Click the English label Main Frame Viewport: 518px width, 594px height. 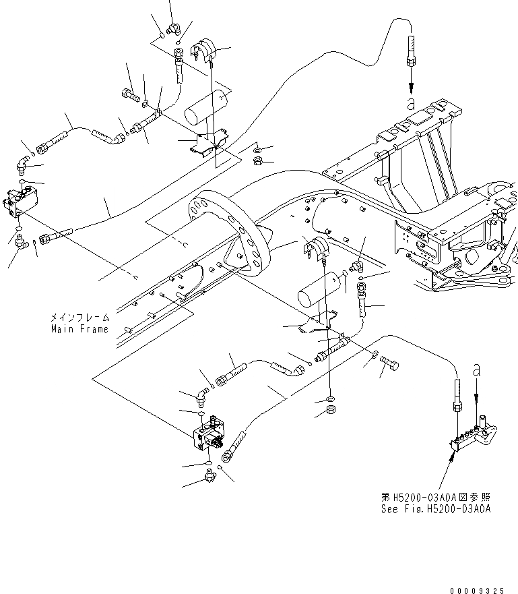pyautogui.click(x=79, y=329)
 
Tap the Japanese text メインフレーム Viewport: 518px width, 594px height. pyautogui.click(x=78, y=316)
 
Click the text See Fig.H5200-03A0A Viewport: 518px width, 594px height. pyautogui.click(x=435, y=509)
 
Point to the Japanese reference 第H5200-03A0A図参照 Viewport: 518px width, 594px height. pyautogui.click(x=435, y=497)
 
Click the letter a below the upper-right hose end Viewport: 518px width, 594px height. pyautogui.click(x=411, y=104)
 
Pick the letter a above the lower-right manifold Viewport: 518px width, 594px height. pyautogui.click(x=477, y=369)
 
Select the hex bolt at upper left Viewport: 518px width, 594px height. pyautogui.click(x=130, y=96)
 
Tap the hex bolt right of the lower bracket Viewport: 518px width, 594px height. pyautogui.click(x=389, y=365)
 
